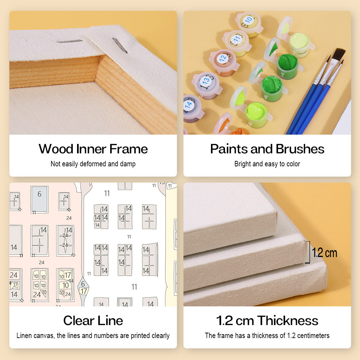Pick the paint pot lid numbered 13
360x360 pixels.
(x=206, y=81)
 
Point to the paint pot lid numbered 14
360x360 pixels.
(x=190, y=104)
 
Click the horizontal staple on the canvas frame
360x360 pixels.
(x=69, y=41)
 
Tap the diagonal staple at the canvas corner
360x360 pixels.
(x=120, y=45)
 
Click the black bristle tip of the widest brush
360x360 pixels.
(x=339, y=54)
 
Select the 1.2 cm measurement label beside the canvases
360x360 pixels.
(x=324, y=253)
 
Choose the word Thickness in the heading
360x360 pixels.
(x=287, y=320)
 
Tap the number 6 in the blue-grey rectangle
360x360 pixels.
(x=40, y=194)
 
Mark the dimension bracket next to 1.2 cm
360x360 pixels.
(x=308, y=252)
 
